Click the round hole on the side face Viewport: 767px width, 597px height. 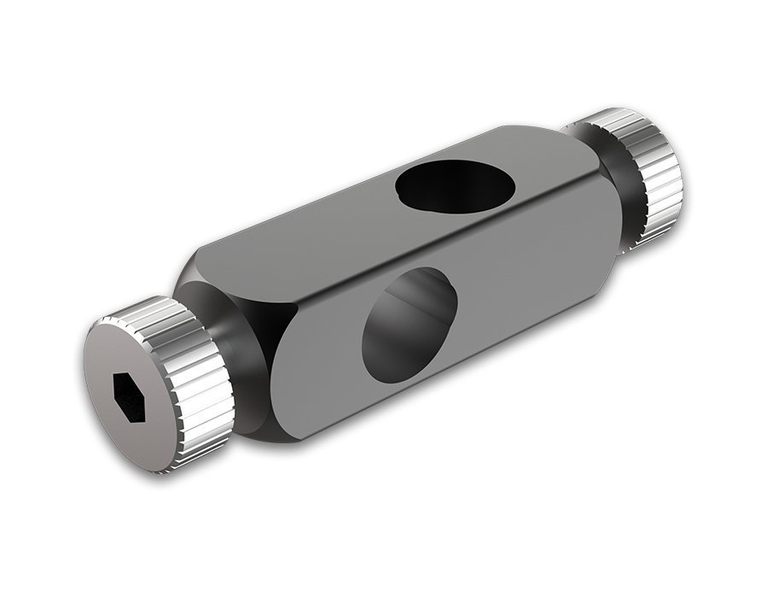(x=410, y=325)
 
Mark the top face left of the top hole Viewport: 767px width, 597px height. (x=324, y=226)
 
